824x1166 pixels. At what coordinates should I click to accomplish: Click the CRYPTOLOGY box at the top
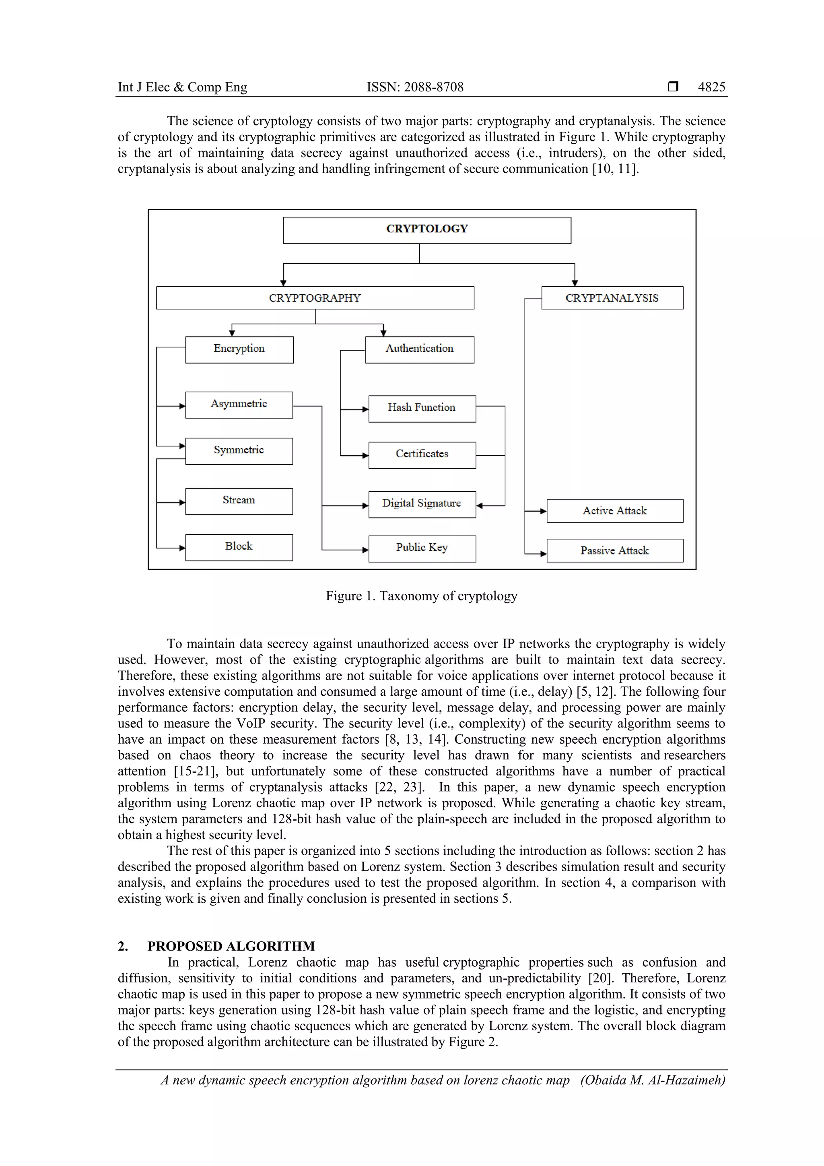coord(427,230)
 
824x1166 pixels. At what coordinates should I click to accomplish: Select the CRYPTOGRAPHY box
coord(315,298)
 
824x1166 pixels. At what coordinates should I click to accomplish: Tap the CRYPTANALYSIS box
coord(612,298)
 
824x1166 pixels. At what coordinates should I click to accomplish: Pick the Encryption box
coord(239,349)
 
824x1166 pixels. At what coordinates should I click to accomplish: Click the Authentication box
coord(420,349)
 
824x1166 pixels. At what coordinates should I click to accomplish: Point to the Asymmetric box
coord(239,405)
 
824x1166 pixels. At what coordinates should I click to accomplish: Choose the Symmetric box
coord(239,451)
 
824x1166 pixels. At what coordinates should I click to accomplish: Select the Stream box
coord(239,501)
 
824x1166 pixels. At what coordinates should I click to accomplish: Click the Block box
coord(239,547)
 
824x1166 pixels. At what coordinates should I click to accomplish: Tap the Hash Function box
coord(422,408)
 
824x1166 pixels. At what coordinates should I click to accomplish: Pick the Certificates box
coord(422,455)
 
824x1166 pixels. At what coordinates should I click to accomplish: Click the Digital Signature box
coord(422,504)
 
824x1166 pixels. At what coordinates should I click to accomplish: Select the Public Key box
coord(422,548)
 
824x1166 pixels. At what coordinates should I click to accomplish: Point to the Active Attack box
coord(614,511)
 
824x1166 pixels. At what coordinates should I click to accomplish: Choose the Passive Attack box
coord(614,550)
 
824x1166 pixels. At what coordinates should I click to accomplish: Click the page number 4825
coord(711,87)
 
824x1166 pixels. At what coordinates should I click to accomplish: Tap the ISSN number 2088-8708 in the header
coord(433,87)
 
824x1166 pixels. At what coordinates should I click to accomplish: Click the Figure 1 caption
coord(421,596)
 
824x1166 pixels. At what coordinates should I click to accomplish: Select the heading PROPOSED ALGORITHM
coord(231,946)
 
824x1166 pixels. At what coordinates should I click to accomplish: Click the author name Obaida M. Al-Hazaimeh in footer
coord(653,1080)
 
